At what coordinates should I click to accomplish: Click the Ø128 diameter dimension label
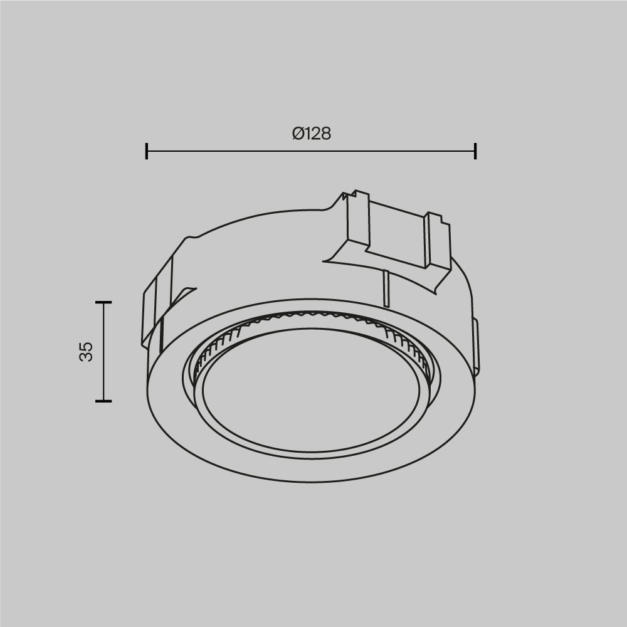(x=311, y=134)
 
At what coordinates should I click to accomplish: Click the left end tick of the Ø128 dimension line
(x=147, y=151)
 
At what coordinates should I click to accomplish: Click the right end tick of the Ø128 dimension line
(x=475, y=151)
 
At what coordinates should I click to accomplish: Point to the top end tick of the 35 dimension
(x=103, y=302)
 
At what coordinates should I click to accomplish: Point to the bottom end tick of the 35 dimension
(x=103, y=401)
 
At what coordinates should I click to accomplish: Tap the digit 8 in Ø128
(x=325, y=134)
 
